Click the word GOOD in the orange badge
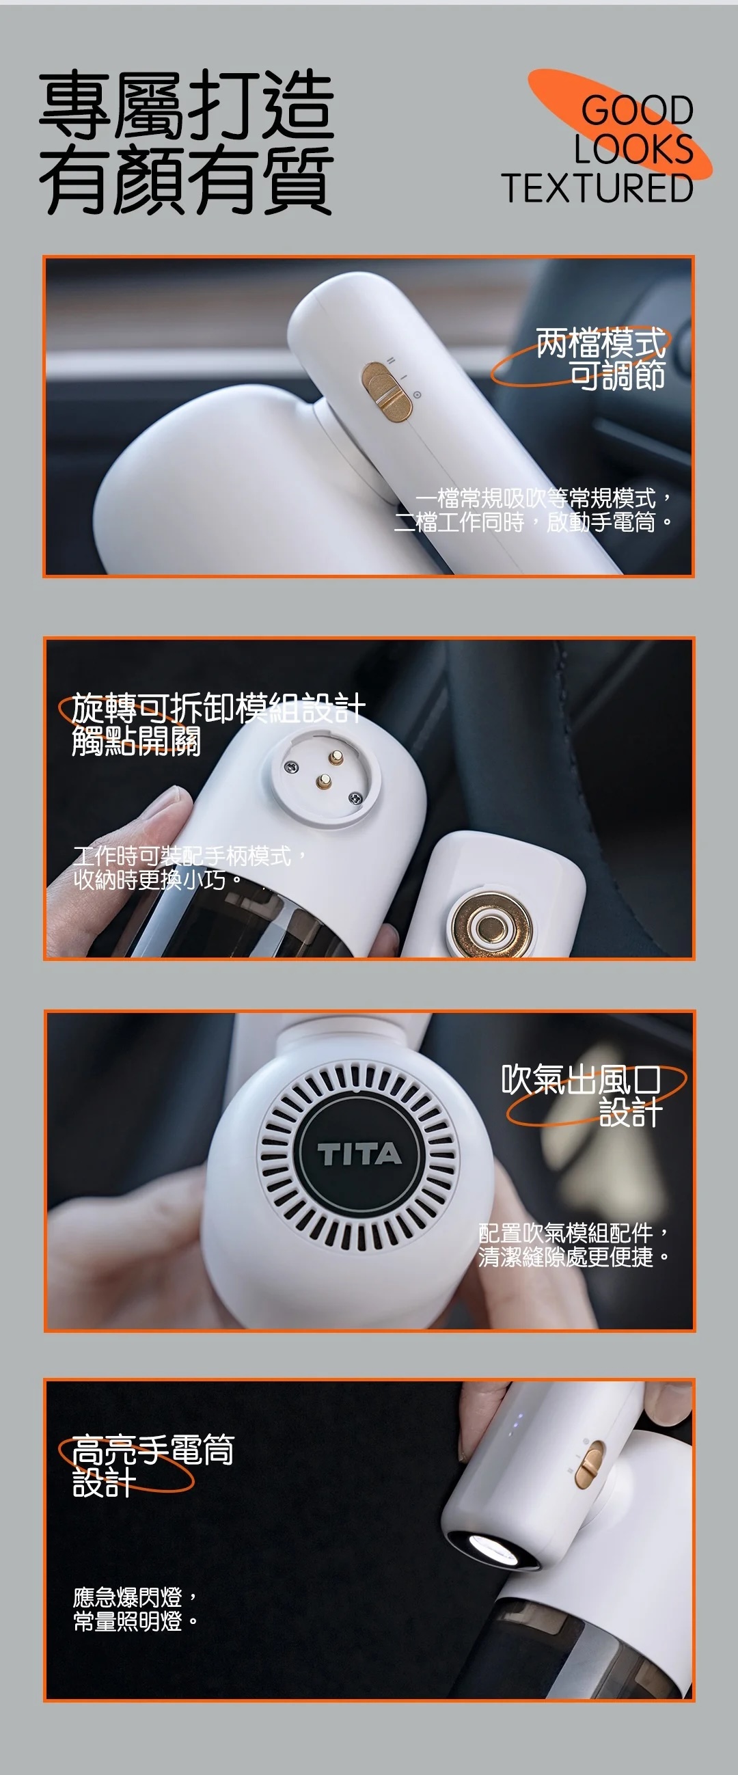637,110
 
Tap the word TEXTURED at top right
597,188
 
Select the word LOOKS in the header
633,149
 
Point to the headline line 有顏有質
186,179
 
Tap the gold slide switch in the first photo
387,391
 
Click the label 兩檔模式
601,342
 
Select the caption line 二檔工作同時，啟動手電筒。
532,522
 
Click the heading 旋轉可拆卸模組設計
218,707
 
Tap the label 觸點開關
136,741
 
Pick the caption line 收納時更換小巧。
159,880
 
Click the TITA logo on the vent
358,1154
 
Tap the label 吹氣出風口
581,1080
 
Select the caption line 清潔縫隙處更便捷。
574,1257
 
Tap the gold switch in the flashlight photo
589,1463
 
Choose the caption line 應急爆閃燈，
136,1597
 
